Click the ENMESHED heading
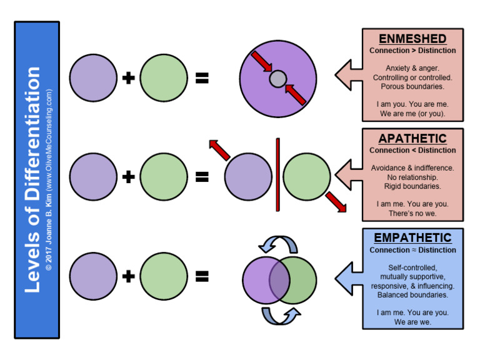click(x=412, y=39)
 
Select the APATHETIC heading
click(x=412, y=139)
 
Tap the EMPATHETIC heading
click(x=412, y=238)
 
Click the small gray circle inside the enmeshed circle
click(x=277, y=79)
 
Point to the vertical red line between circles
click(x=277, y=175)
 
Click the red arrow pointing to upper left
click(x=219, y=151)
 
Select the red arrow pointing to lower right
click(x=336, y=201)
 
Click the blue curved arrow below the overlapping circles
click(x=279, y=316)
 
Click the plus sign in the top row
click(x=129, y=78)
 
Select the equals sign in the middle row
click(x=202, y=177)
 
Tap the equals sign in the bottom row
click(x=202, y=276)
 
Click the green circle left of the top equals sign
click(x=164, y=78)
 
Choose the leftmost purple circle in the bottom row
click(x=93, y=276)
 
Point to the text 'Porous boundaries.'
click(x=412, y=86)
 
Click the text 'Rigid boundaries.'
click(x=412, y=186)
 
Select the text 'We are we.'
click(x=412, y=322)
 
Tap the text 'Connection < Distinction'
click(x=412, y=151)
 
